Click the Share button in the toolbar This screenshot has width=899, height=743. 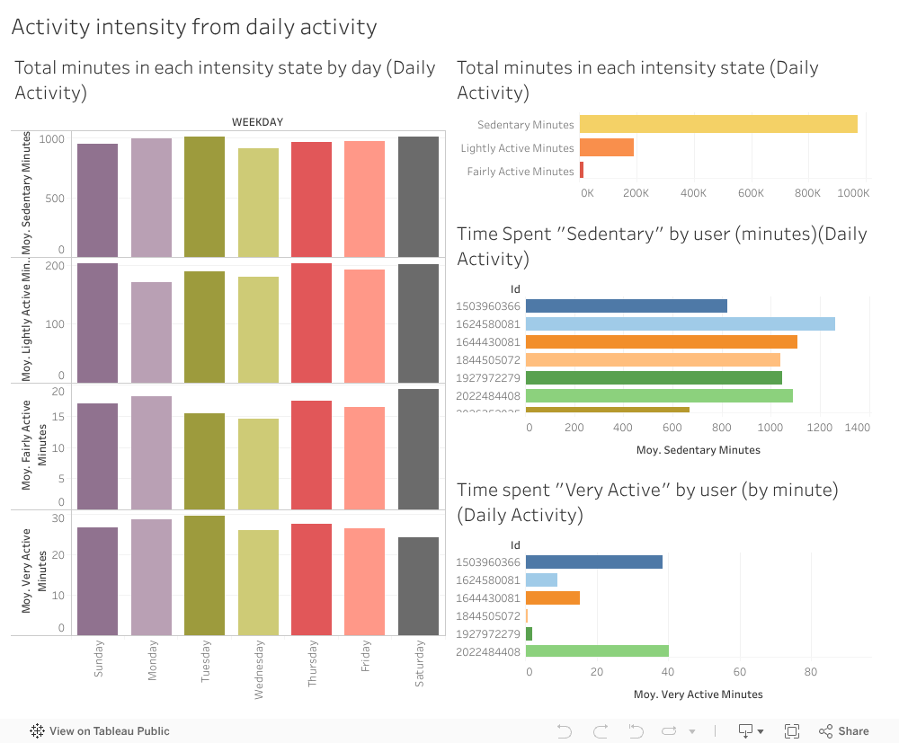tap(843, 731)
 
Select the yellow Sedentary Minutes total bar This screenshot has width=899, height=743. tap(717, 124)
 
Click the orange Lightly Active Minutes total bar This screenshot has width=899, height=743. tap(607, 147)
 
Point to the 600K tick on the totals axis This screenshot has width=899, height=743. tap(751, 193)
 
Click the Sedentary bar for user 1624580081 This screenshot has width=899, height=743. tap(680, 323)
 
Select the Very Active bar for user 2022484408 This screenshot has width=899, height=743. tap(597, 651)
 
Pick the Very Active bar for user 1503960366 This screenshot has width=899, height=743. tap(593, 562)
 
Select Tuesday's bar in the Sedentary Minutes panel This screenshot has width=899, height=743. tap(204, 197)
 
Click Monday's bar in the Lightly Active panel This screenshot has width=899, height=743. tap(151, 332)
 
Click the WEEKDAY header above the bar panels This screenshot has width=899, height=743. tap(257, 122)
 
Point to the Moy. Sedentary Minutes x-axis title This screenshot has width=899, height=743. tap(698, 450)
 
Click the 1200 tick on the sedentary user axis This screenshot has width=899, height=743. tap(819, 429)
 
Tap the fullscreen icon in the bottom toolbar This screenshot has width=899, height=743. tap(792, 731)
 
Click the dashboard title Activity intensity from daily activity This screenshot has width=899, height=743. tap(194, 27)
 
